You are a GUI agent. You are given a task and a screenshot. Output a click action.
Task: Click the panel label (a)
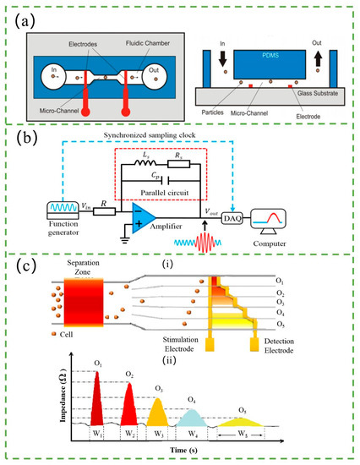(33, 14)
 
